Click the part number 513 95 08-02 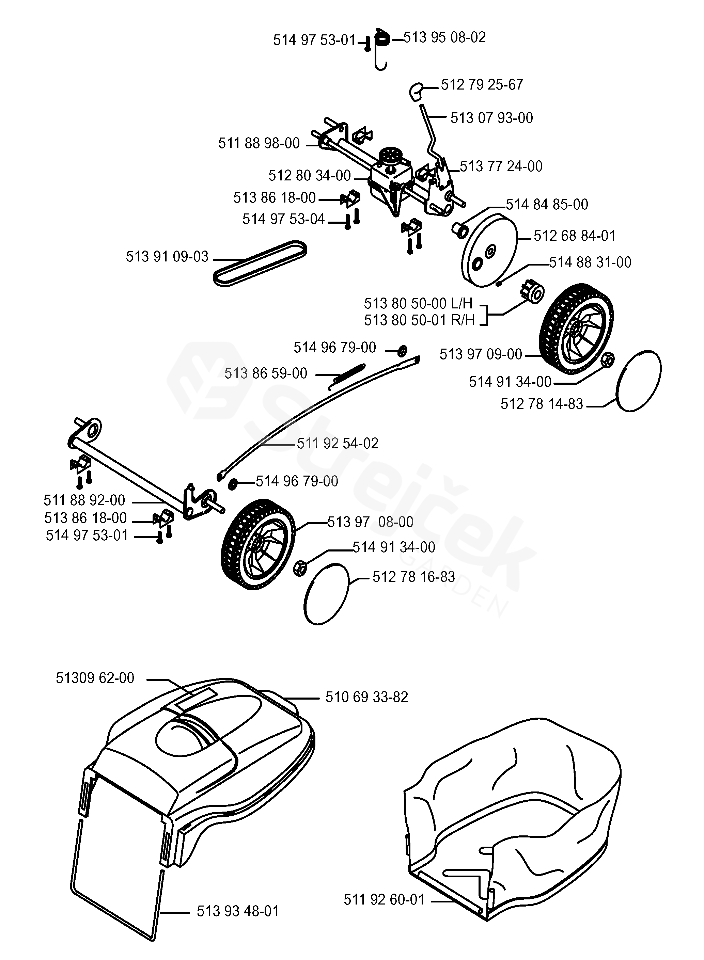pyautogui.click(x=444, y=37)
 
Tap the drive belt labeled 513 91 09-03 pyautogui.click(x=260, y=263)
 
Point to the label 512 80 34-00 pyautogui.click(x=309, y=175)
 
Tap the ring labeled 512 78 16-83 pyautogui.click(x=326, y=594)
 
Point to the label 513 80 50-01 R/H pyautogui.click(x=419, y=320)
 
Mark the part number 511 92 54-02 pyautogui.click(x=338, y=443)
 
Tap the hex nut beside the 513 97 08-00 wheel pyautogui.click(x=300, y=568)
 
